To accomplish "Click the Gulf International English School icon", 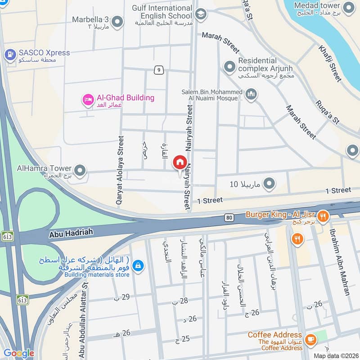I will pyautogui.click(x=201, y=13).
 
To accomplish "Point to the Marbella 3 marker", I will pyautogui.click(x=117, y=21).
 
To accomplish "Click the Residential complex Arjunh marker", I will pyautogui.click(x=230, y=67).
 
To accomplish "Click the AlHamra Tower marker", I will pyautogui.click(x=80, y=171).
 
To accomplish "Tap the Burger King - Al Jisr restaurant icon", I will pyautogui.click(x=322, y=216).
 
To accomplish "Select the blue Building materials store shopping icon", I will pyautogui.click(x=139, y=266).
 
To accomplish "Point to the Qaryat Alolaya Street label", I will pyautogui.click(x=120, y=171).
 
